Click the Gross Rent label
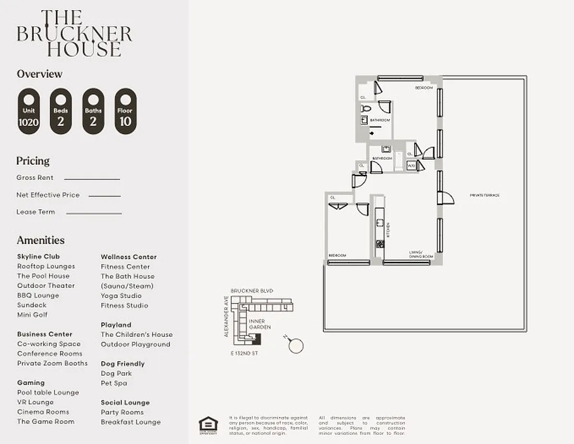[x=35, y=178]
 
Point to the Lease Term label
[x=36, y=212]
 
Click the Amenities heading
[x=41, y=240]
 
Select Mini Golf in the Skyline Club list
[x=32, y=315]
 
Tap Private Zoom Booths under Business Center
[x=52, y=364]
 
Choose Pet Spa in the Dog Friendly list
[x=114, y=383]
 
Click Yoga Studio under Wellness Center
[x=121, y=296]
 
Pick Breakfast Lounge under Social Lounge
[x=131, y=422]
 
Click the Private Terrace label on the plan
[x=485, y=195]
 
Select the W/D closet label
[x=412, y=165]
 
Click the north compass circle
[x=297, y=346]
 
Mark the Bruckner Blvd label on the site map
[x=252, y=291]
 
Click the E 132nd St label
[x=244, y=354]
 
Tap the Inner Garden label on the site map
[x=259, y=324]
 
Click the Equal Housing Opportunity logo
[x=209, y=423]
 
